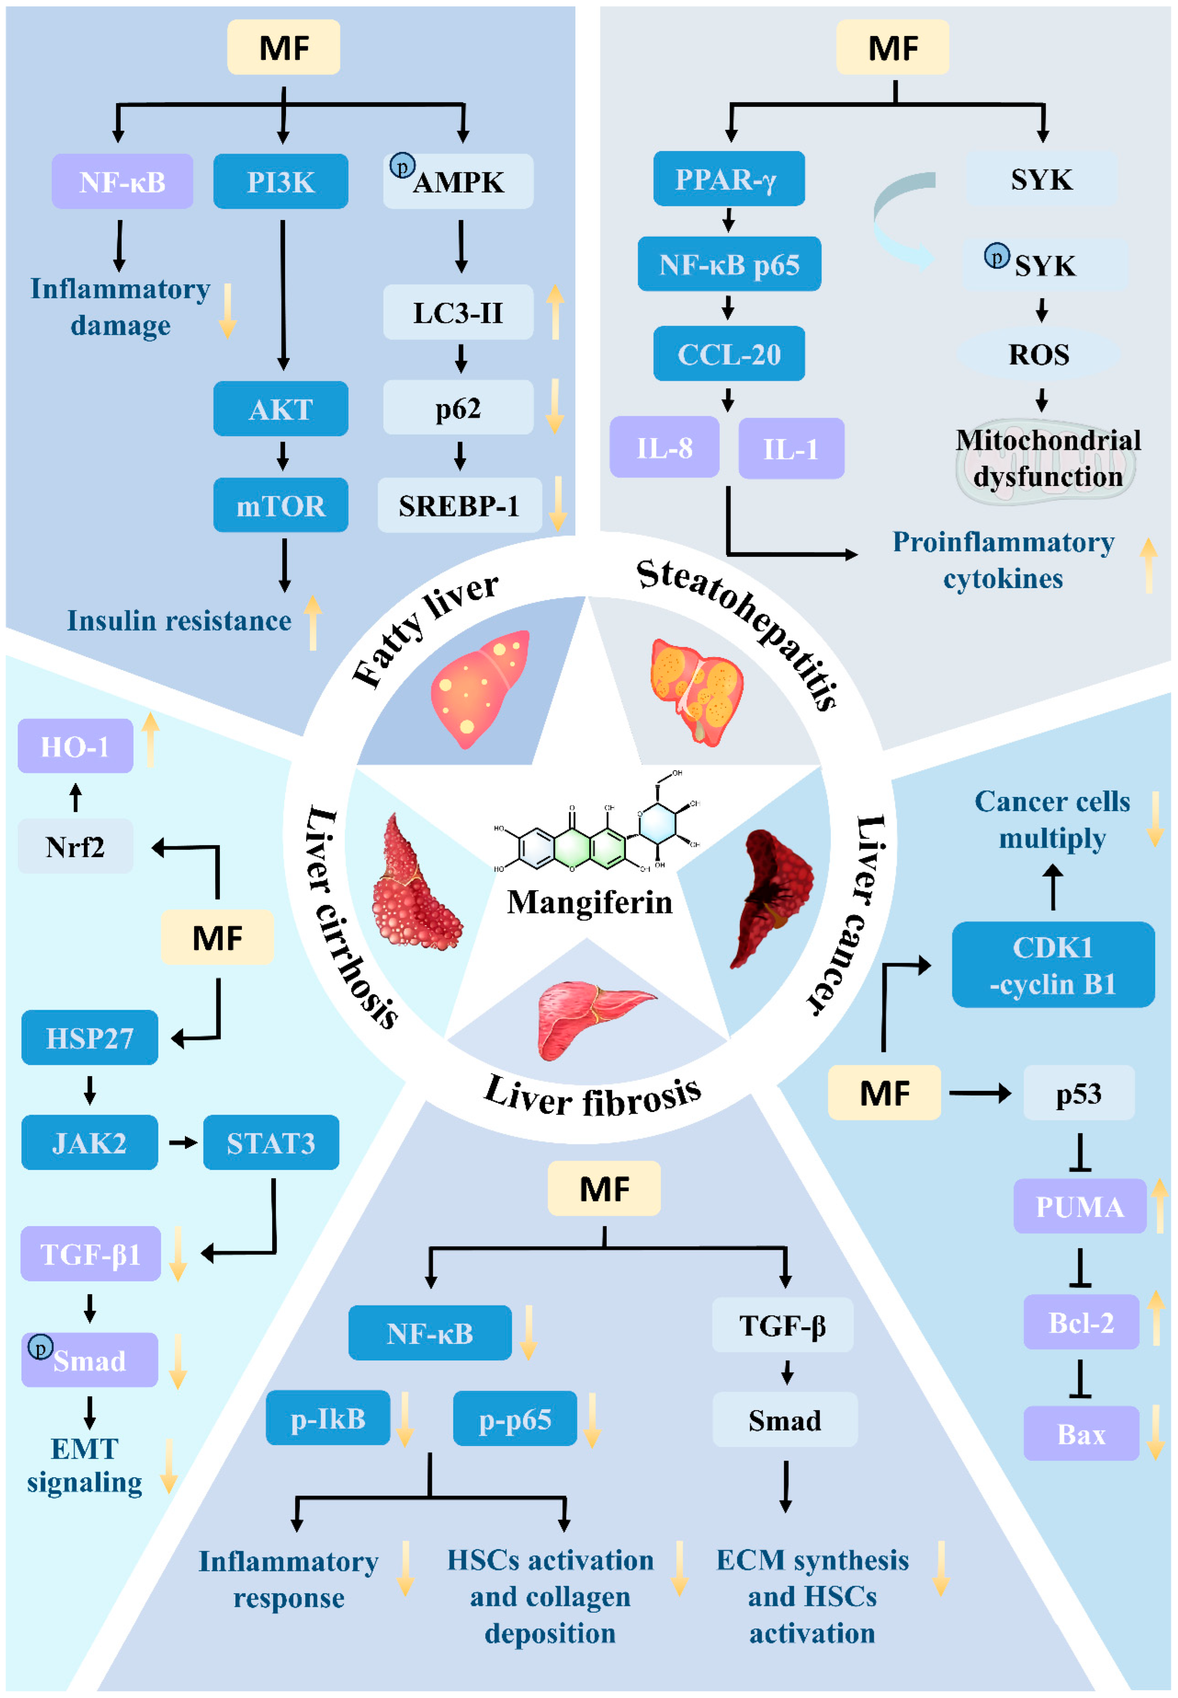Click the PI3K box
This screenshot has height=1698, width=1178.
(x=280, y=182)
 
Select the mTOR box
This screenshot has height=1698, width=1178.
(x=280, y=505)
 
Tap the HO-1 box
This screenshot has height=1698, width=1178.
(x=75, y=747)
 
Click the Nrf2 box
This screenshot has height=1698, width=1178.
(x=75, y=846)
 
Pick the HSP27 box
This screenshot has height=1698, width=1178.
(x=89, y=1037)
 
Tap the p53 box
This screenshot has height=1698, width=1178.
(x=1078, y=1092)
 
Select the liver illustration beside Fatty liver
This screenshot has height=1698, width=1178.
(x=480, y=688)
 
